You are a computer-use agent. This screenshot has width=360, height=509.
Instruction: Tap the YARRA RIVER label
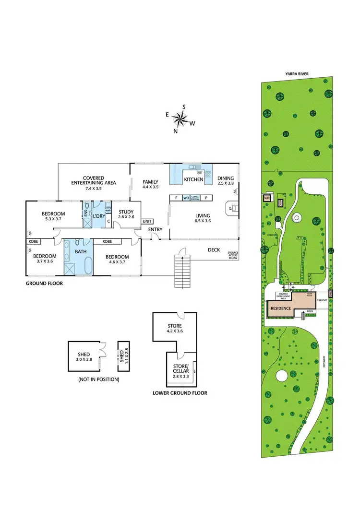pos(297,74)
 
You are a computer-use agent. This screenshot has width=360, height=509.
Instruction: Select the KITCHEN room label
pos(193,179)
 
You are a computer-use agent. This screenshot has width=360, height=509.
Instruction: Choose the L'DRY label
pos(99,216)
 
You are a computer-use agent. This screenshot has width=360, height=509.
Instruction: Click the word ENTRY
pos(156,229)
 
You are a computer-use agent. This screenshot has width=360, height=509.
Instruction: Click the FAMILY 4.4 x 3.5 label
pos(150,184)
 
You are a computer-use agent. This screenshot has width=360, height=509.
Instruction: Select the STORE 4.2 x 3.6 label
pos(174,329)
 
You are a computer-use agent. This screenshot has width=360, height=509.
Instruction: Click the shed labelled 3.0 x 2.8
pos(83,356)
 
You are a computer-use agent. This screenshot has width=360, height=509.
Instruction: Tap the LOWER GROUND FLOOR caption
pos(180,392)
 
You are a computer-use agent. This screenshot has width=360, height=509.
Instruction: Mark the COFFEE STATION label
pos(195,198)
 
